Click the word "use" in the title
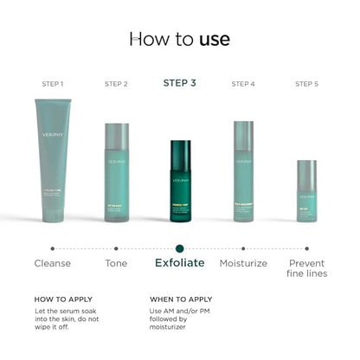click(214, 39)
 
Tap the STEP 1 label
click(53, 84)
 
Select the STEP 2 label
click(116, 84)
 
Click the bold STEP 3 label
click(180, 83)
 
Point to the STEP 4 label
click(243, 84)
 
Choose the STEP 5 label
click(306, 84)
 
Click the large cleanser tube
click(53, 160)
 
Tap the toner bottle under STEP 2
click(117, 172)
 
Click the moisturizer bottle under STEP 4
click(243, 171)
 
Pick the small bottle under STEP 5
click(306, 190)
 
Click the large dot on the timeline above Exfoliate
click(180, 248)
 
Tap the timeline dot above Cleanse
click(53, 248)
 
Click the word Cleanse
click(53, 263)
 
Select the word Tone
click(116, 263)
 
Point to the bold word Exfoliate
click(180, 263)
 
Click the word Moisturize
click(243, 263)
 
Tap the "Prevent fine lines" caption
click(306, 268)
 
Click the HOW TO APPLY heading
click(63, 299)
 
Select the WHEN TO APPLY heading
click(181, 299)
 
